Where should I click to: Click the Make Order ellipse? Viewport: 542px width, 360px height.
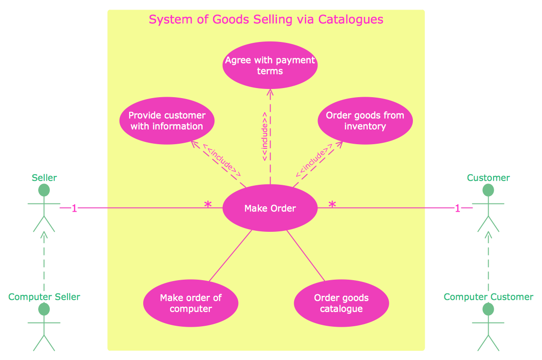coord(270,209)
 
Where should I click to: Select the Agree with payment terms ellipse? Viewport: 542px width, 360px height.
coord(270,65)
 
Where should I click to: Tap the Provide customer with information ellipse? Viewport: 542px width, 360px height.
coord(167,120)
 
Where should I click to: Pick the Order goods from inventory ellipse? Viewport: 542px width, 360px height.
coord(365,120)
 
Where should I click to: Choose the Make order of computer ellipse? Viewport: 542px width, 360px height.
coord(191,303)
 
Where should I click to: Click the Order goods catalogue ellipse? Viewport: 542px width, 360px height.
coord(341,303)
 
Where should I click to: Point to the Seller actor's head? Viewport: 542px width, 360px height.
coord(44,190)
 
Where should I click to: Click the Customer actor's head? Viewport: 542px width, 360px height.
coord(488,190)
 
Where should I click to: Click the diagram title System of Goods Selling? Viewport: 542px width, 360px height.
coord(266,20)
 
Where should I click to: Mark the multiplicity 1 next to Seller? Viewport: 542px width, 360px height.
coord(74,209)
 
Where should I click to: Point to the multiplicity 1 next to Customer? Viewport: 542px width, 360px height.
coord(458,209)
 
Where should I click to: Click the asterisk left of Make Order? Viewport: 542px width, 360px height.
coord(208,205)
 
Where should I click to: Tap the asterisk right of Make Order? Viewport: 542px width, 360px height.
coord(332,205)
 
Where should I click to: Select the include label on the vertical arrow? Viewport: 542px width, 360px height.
coord(265,136)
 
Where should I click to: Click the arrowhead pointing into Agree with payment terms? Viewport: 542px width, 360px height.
coord(270,93)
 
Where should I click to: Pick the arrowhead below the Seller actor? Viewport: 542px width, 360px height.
coord(44,235)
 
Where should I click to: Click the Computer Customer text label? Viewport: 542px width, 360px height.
coord(488,297)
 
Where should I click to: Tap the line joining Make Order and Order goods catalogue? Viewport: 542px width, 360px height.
coord(306,256)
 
